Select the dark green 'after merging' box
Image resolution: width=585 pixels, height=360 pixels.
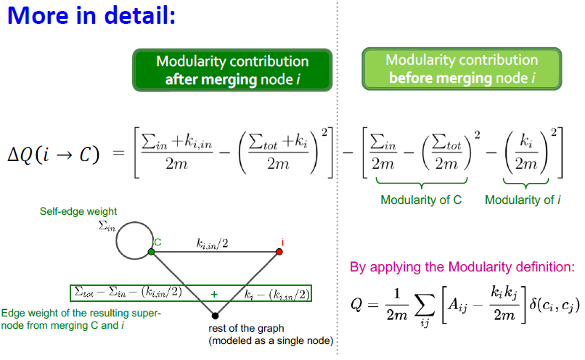pos(232,70)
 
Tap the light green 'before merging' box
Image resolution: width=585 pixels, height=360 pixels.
pos(462,68)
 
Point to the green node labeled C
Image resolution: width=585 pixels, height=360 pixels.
pos(151,251)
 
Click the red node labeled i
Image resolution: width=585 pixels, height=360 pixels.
pos(279,252)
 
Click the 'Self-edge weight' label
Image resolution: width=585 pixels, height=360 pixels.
pos(78,212)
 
